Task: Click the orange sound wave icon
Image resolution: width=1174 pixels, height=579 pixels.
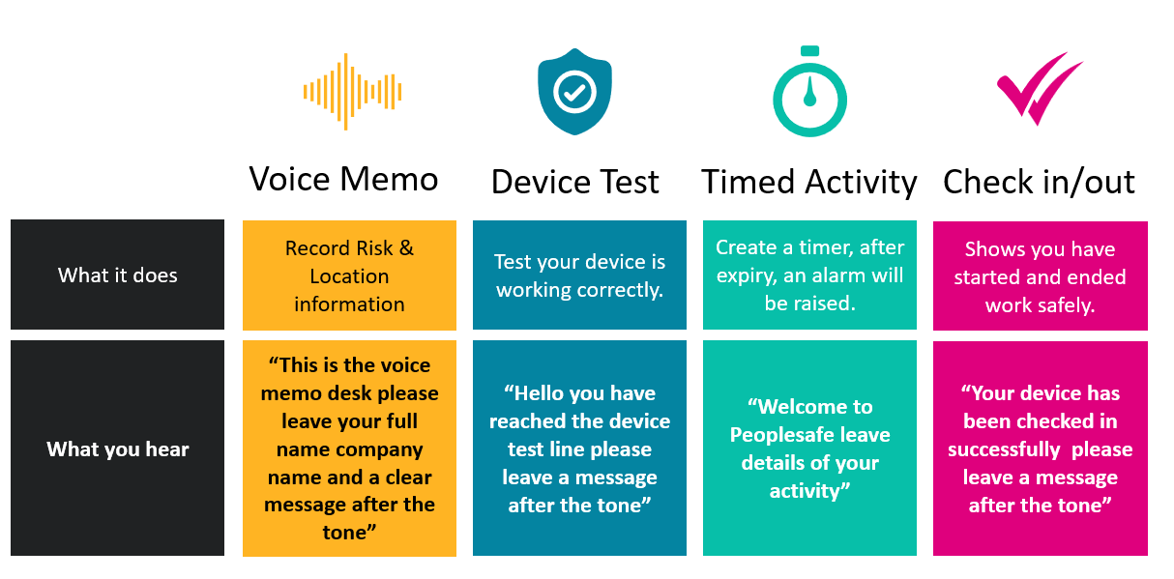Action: (x=352, y=92)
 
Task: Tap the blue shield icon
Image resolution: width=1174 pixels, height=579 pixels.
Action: (x=574, y=92)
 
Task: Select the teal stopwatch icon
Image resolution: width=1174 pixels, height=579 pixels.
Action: (x=809, y=92)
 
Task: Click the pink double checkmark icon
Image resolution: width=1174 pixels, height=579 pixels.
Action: (x=1040, y=89)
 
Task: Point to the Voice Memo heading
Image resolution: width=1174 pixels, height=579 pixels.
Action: (x=343, y=179)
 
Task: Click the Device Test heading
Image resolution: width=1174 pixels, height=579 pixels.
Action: (x=575, y=182)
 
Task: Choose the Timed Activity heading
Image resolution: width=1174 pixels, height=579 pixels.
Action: (x=809, y=183)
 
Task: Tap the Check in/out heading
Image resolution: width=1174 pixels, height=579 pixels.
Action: (x=1039, y=182)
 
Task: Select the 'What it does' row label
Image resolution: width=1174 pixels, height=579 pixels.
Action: (x=117, y=275)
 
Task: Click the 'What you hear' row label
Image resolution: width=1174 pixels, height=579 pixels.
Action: (x=117, y=449)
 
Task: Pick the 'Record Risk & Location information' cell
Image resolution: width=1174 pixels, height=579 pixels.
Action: (x=349, y=275)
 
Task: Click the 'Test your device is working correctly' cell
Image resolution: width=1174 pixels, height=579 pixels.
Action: (x=579, y=275)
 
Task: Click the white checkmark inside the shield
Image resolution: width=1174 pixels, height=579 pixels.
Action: (x=574, y=93)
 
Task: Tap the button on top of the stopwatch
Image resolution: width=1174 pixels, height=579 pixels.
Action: (x=809, y=51)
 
